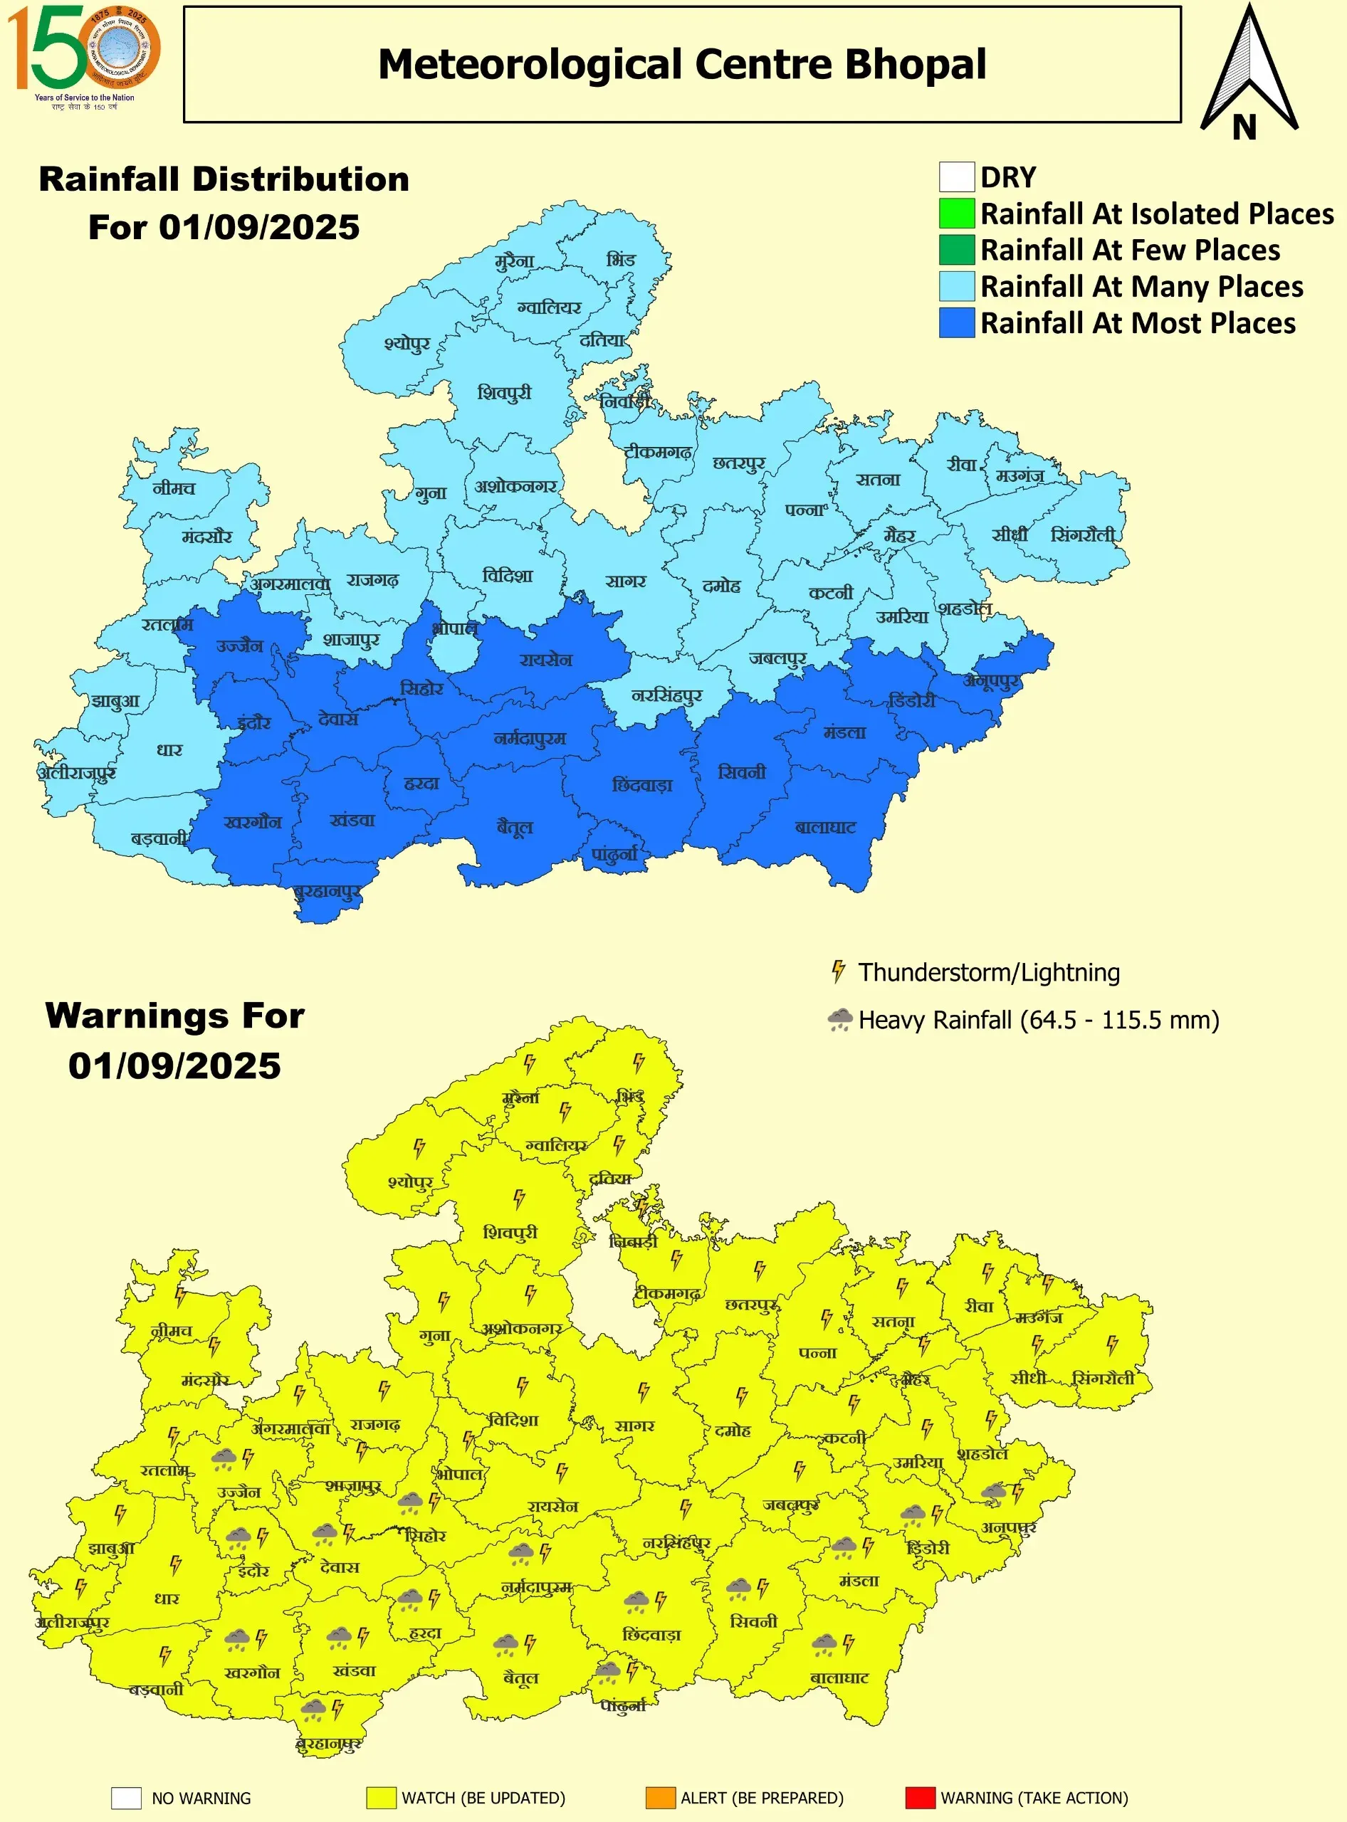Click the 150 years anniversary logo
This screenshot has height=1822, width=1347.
click(83, 56)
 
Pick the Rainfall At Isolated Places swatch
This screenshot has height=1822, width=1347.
click(956, 214)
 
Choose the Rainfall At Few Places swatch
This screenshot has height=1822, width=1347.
click(956, 249)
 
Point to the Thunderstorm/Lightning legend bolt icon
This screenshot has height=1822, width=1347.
click(837, 971)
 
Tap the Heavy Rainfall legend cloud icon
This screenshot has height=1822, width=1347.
click(839, 1019)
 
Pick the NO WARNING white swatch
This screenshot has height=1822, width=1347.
click(127, 1798)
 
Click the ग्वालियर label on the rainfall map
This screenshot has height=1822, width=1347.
click(549, 308)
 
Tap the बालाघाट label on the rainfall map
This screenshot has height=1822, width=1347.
click(825, 828)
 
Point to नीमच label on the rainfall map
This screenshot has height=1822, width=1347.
click(174, 488)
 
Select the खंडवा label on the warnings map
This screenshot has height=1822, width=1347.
click(354, 1670)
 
